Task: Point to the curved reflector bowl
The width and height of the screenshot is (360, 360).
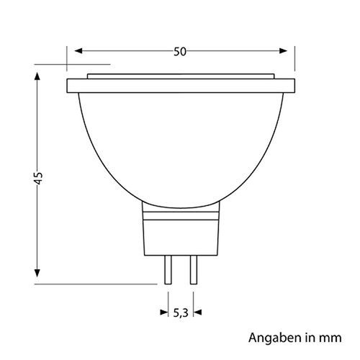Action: click(x=180, y=144)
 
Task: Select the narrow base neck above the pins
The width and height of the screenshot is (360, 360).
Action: click(x=180, y=230)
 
